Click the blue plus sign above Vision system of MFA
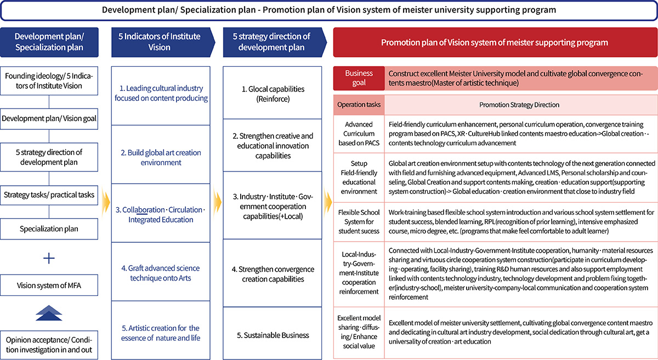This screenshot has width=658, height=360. click(x=49, y=258)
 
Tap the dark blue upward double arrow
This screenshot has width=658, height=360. click(x=49, y=313)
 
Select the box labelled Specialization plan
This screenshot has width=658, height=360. click(x=49, y=229)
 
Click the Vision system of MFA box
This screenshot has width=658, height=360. click(x=49, y=285)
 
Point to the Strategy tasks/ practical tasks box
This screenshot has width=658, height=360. click(x=49, y=195)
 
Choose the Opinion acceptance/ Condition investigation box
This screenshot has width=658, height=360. click(x=49, y=345)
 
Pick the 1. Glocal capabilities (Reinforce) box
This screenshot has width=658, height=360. click(x=273, y=93)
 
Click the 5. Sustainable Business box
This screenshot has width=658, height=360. click(x=273, y=335)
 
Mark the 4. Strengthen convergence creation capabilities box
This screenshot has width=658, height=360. click(x=273, y=274)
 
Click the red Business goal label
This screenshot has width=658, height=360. click(x=359, y=78)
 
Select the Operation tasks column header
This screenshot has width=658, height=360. click(x=359, y=105)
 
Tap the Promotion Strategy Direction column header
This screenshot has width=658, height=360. click(x=519, y=105)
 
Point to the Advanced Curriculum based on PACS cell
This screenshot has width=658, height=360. click(x=359, y=134)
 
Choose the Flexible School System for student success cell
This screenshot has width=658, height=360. click(x=359, y=221)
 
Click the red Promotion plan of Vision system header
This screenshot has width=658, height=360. click(x=495, y=42)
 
